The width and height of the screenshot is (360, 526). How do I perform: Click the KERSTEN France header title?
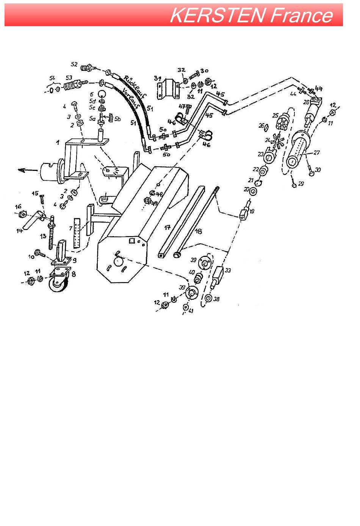[251, 16]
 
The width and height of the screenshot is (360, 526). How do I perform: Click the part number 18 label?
[198, 231]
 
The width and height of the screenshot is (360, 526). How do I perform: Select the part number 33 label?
[228, 270]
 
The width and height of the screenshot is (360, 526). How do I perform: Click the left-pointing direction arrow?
[24, 171]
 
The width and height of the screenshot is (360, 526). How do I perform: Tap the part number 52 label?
[74, 64]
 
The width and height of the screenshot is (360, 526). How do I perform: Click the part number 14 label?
[20, 230]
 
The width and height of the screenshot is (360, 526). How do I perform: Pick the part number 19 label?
[252, 211]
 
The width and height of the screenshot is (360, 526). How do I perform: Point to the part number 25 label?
[275, 115]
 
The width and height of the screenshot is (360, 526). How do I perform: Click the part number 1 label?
[58, 142]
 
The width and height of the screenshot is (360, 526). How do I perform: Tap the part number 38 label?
[216, 299]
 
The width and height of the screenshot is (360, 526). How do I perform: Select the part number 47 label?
[182, 107]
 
